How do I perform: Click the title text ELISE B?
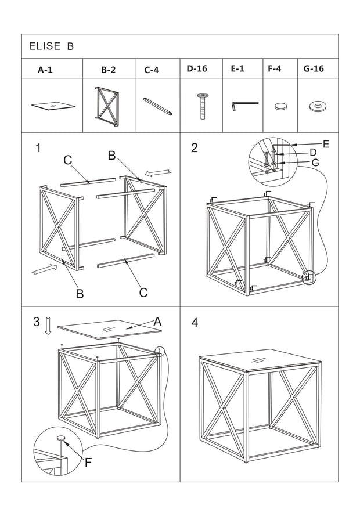51,46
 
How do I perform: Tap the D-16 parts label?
197,68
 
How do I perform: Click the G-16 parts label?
314,68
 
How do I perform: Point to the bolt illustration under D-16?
203,106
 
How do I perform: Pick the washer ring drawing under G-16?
318,106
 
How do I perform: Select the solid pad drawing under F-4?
281,106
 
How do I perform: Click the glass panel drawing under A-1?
53,106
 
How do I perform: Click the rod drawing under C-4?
158,106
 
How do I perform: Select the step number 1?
38,148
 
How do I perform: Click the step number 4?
195,323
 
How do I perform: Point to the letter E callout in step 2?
326,144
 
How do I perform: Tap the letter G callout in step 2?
315,163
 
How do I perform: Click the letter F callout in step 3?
88,463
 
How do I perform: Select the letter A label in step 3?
157,322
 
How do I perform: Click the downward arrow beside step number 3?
48,326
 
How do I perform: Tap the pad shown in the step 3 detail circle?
61,438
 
